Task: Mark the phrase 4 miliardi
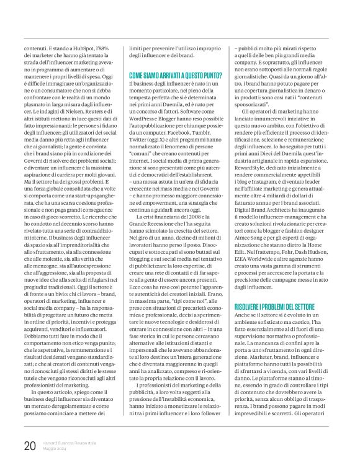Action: tap(286, 196)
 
